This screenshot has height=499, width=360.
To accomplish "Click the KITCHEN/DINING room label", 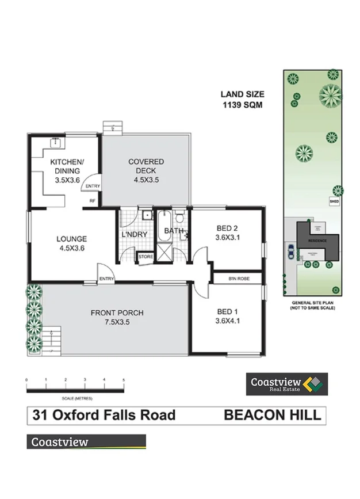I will [x=68, y=171].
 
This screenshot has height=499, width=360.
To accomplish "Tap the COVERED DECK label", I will [x=145, y=171].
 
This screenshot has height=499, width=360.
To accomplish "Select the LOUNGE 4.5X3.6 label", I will [x=71, y=244].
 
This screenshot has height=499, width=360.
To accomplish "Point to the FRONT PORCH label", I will [x=117, y=318].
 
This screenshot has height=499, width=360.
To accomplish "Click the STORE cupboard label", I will [x=144, y=257].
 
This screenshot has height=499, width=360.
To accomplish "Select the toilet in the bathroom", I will [x=179, y=218].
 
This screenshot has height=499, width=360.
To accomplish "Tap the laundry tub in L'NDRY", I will [x=147, y=216].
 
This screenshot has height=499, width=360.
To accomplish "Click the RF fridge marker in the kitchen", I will [x=92, y=201].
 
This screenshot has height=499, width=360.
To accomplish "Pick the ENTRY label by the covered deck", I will [x=92, y=186].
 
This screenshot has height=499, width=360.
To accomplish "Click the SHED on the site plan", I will [x=333, y=202].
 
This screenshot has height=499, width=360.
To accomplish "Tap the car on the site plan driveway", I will [x=292, y=250].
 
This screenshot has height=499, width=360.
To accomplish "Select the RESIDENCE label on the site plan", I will [x=317, y=240].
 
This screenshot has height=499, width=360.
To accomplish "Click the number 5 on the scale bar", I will [x=124, y=380].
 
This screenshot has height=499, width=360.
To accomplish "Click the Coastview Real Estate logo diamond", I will [x=312, y=384].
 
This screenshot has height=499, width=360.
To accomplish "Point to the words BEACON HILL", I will [x=272, y=414].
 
